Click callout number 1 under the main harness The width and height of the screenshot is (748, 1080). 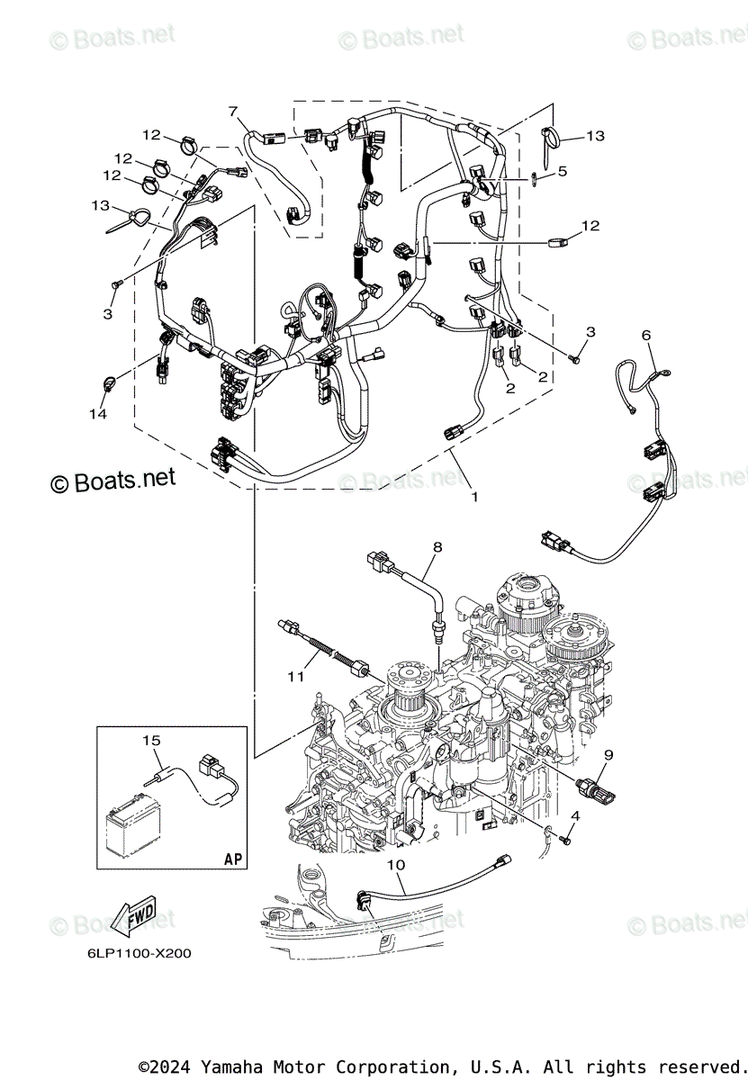(x=474, y=496)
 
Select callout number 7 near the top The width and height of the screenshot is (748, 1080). (x=234, y=112)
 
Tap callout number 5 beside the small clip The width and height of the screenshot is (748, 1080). (x=562, y=171)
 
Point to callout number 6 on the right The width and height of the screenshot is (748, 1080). (x=645, y=335)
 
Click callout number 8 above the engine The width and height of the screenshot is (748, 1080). (x=437, y=546)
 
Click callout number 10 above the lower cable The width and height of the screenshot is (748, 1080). (x=396, y=865)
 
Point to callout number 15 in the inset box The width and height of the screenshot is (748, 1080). (x=150, y=740)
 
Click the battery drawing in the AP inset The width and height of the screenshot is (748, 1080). (x=134, y=821)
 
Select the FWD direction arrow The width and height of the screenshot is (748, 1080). (x=135, y=921)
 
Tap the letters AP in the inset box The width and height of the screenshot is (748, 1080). (x=233, y=859)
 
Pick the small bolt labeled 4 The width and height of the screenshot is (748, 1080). (x=564, y=839)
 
